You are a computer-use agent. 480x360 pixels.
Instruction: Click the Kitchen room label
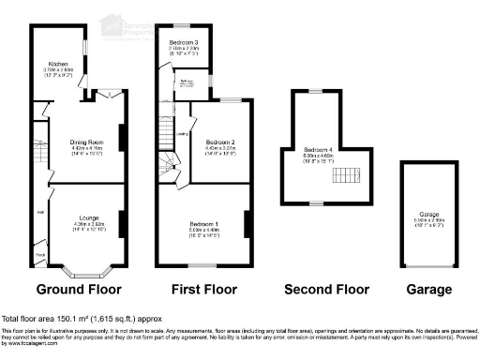coord(59,64)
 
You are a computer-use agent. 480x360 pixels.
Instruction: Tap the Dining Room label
coord(86,139)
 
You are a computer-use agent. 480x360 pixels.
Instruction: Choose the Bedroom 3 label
coord(184,43)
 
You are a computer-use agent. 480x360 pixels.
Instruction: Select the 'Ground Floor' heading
coord(80,289)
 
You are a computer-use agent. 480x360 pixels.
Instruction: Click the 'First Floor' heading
coord(202,289)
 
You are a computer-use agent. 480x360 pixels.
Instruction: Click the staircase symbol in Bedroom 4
coord(349,173)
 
